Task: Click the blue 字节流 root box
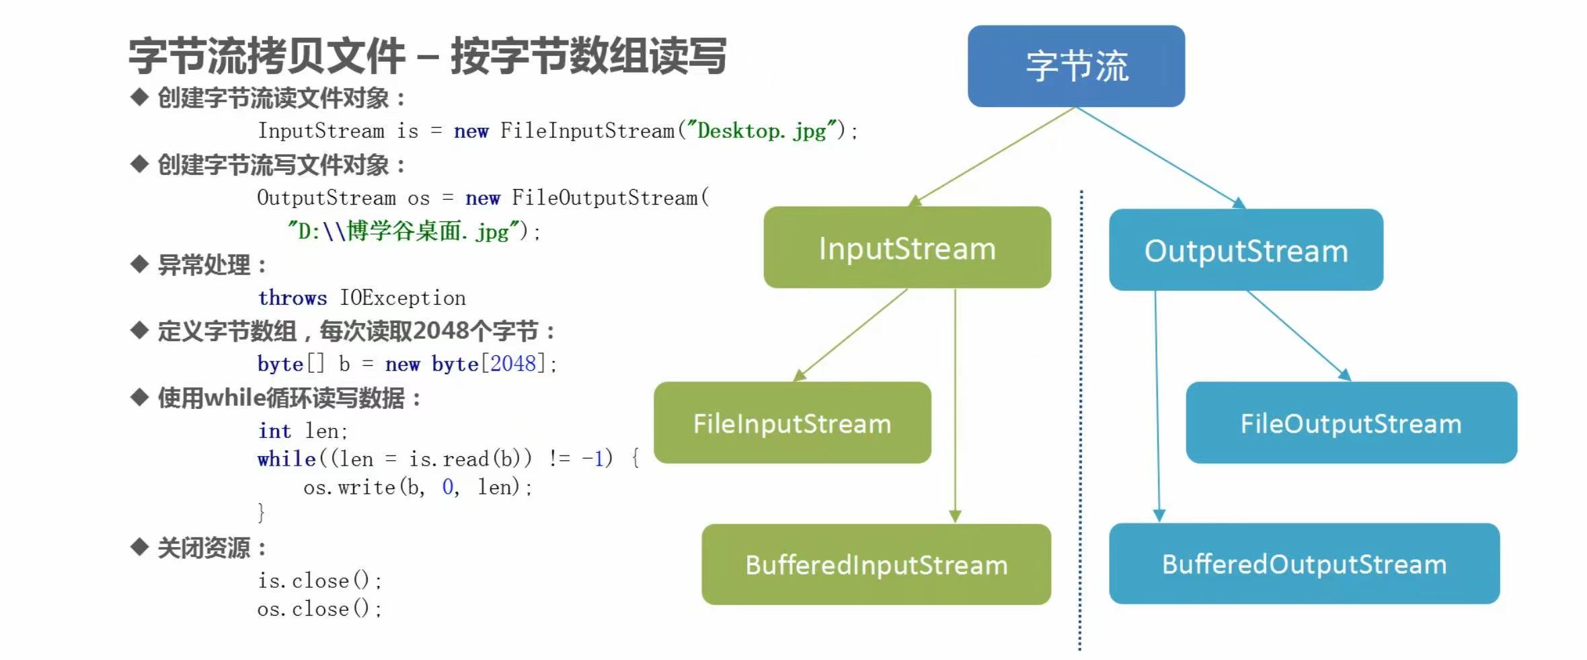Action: [x=1076, y=66]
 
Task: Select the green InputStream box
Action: [x=906, y=248]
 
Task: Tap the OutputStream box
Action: [x=1245, y=250]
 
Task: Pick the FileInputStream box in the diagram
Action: [x=791, y=423]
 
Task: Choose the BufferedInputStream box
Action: [x=876, y=564]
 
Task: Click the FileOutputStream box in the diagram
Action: [x=1350, y=423]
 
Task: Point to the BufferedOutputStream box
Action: [x=1303, y=564]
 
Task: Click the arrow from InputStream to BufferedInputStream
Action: [x=955, y=404]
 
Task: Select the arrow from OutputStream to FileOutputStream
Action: [x=1298, y=334]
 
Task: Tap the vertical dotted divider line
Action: [x=1081, y=417]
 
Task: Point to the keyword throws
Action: [x=292, y=297]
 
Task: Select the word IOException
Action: [x=402, y=297]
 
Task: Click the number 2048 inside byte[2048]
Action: [x=512, y=364]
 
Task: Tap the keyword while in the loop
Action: [x=286, y=459]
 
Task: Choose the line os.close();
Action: [x=319, y=609]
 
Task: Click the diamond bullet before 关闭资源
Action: [x=139, y=547]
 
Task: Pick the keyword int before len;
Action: [x=274, y=431]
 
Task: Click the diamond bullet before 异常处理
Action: [x=139, y=264]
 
